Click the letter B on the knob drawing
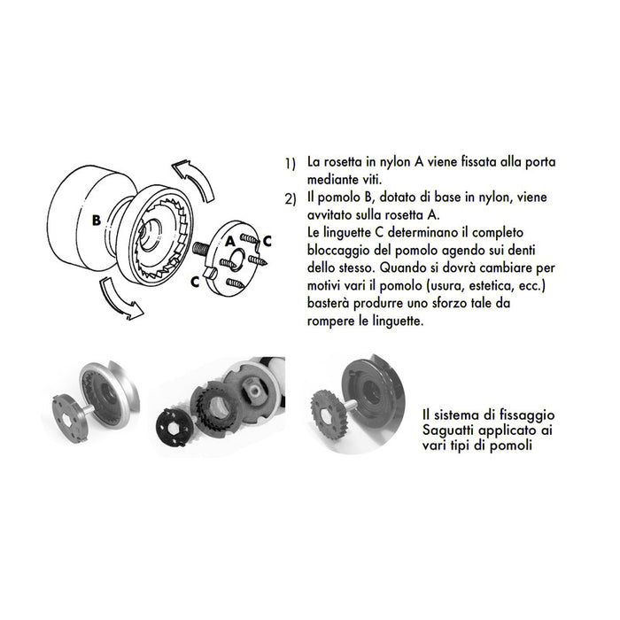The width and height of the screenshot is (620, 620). [95, 220]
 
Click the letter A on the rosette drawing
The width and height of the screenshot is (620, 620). [229, 240]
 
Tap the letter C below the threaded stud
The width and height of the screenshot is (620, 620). [195, 280]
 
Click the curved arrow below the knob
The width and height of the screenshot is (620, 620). [117, 296]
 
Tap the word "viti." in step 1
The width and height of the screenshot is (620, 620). [366, 180]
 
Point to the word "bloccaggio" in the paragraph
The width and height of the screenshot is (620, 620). [333, 246]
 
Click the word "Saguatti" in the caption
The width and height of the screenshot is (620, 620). [448, 430]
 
